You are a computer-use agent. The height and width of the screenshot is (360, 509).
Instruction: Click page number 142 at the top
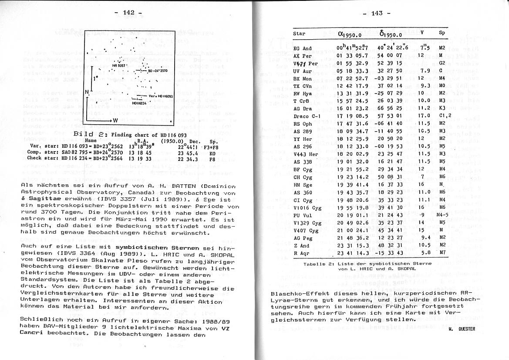[x=128, y=13]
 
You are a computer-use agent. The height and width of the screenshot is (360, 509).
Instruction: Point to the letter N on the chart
[x=87, y=92]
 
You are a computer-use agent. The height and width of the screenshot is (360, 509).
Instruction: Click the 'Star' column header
[x=299, y=34]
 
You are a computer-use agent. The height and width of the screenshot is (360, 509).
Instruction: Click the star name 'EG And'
[x=302, y=48]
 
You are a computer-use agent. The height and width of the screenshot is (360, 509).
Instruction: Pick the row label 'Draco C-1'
[x=307, y=116]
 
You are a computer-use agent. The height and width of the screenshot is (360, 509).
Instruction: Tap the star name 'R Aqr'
[x=301, y=253]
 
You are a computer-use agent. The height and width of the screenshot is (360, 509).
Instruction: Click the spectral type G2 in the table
[x=442, y=63]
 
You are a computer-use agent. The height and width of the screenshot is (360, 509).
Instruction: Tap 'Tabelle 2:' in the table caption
[x=317, y=264]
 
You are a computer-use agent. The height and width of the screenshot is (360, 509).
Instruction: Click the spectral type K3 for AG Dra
[x=442, y=109]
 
